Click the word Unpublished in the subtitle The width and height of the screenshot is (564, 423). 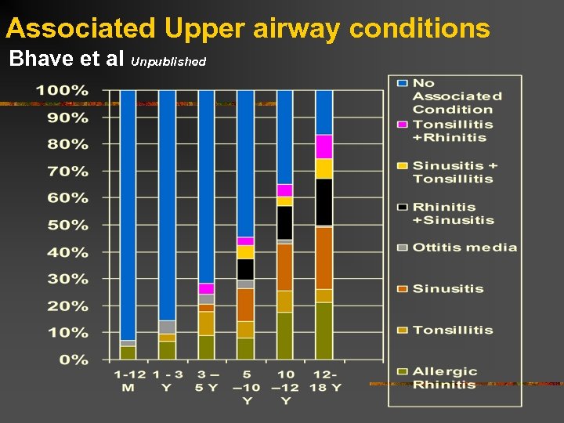click(x=168, y=61)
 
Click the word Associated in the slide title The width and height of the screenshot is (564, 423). click(x=81, y=29)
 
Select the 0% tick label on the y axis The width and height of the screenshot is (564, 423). click(x=74, y=360)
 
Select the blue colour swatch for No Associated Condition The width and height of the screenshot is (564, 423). click(x=402, y=82)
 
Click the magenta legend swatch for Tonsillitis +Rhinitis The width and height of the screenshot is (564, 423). click(x=402, y=125)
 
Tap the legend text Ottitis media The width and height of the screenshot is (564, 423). click(x=465, y=248)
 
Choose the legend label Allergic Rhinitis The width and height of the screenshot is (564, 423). click(x=444, y=378)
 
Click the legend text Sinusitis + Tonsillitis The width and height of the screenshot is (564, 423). click(x=454, y=172)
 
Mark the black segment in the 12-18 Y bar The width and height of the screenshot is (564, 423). click(x=324, y=201)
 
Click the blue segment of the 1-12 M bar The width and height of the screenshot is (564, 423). click(x=128, y=211)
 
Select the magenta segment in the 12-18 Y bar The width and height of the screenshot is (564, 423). click(x=324, y=146)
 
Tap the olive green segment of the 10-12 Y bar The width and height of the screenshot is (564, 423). click(x=285, y=335)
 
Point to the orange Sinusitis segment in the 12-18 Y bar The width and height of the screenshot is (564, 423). click(x=324, y=258)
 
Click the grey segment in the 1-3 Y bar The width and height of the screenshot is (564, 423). click(x=167, y=327)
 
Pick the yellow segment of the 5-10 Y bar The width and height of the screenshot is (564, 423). click(x=245, y=251)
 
